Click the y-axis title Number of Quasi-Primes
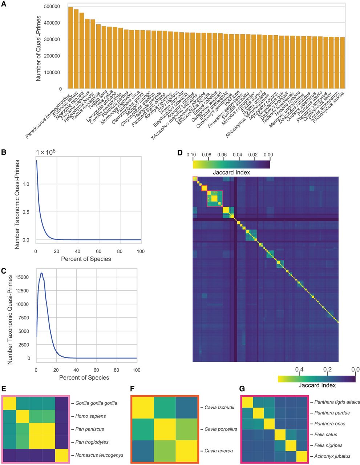pyautogui.click(x=39, y=46)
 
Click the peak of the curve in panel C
pyautogui.click(x=42, y=273)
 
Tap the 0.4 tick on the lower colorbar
pyautogui.click(x=299, y=369)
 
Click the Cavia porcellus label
pyautogui.click(x=221, y=429)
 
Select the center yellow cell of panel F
pyautogui.click(x=165, y=429)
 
